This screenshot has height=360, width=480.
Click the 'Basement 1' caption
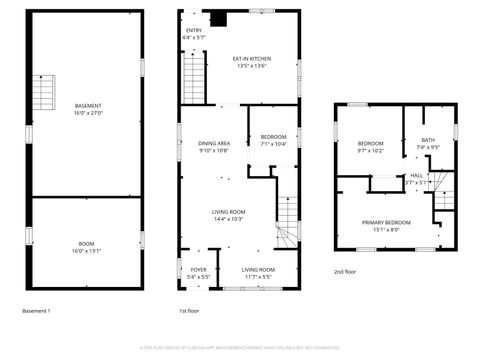[36, 311]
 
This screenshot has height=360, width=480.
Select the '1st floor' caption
[188, 311]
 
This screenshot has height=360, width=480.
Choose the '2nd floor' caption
[345, 271]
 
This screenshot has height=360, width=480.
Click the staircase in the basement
[45, 95]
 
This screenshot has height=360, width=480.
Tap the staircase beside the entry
[193, 75]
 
